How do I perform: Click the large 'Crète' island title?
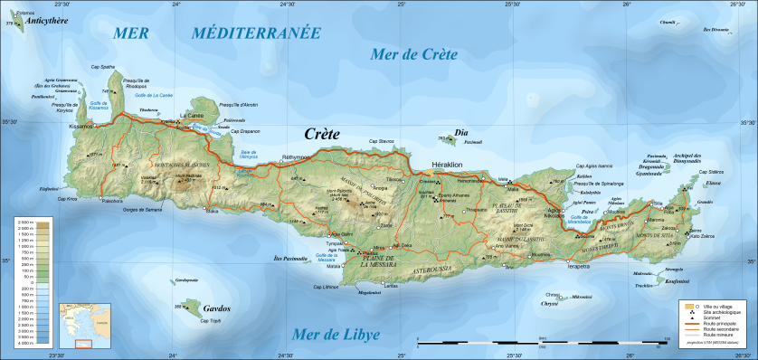[321, 134]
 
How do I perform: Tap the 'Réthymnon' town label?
[296, 157]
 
